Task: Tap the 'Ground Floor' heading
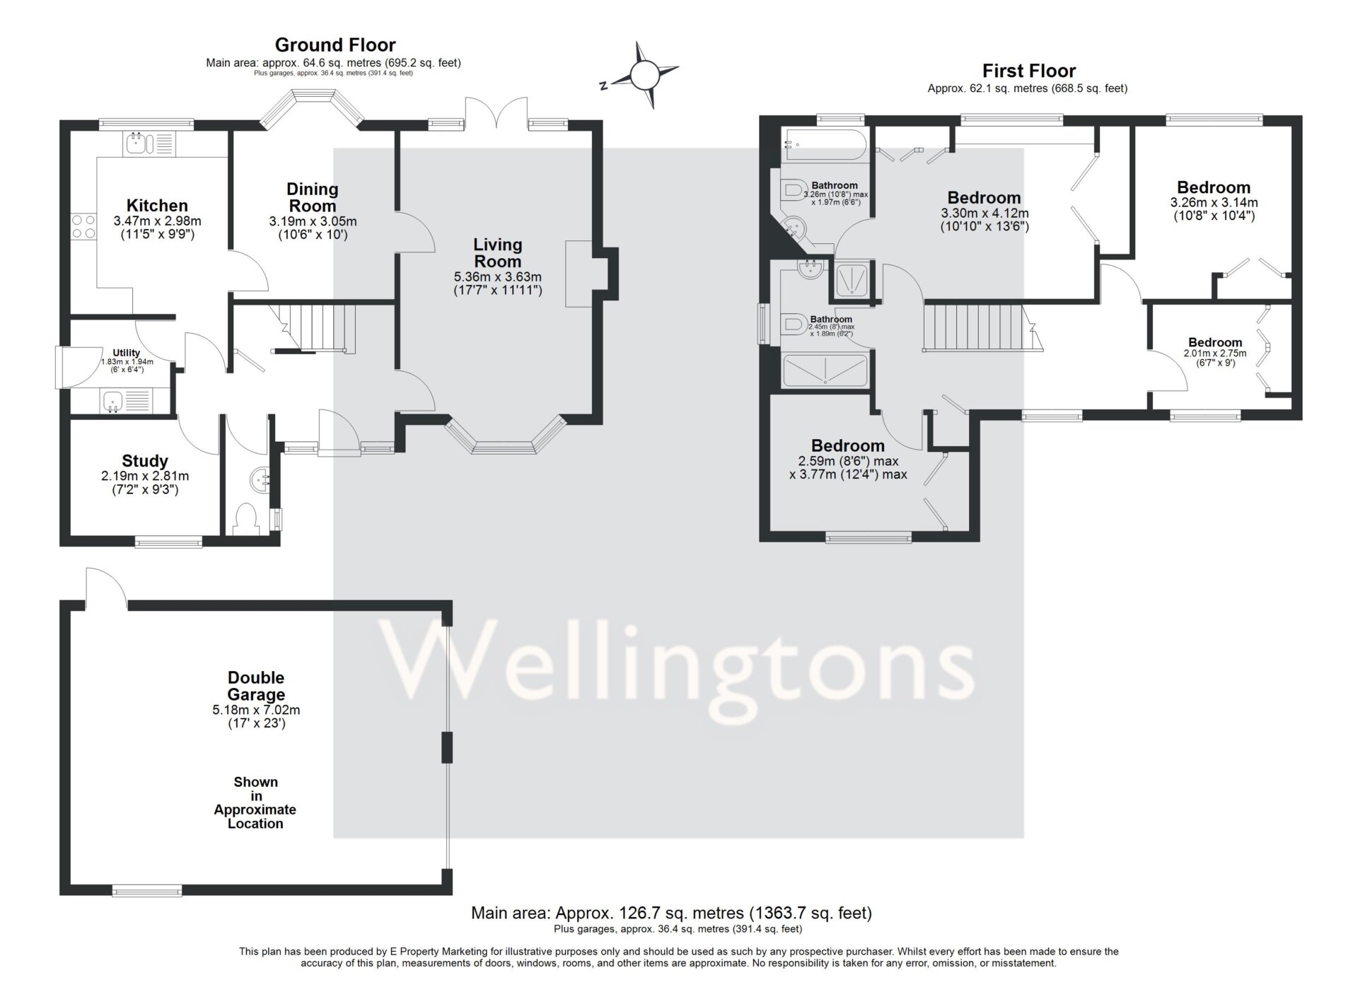tap(335, 45)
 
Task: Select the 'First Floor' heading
tap(1028, 71)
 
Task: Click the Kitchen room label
tap(157, 206)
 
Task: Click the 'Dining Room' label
tap(313, 197)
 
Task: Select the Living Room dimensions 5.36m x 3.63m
tap(498, 277)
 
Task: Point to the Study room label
tap(145, 461)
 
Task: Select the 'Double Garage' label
tap(256, 686)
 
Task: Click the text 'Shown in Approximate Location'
tap(255, 802)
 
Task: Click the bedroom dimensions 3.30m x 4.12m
tap(985, 214)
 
